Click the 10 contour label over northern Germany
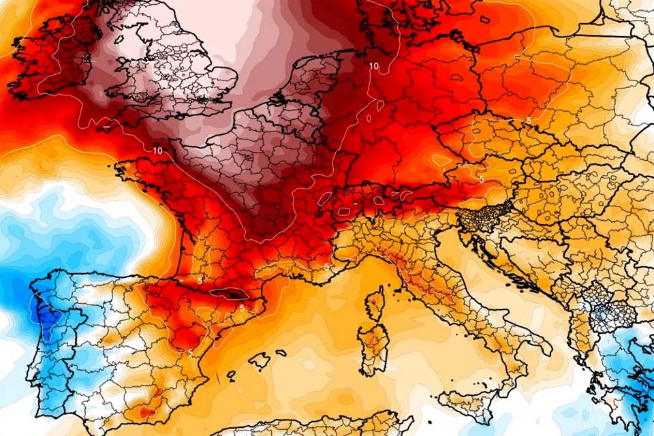point(373,66)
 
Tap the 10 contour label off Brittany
point(158,151)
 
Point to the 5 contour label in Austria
point(481,179)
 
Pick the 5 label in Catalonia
point(241,307)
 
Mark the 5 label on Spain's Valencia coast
point(189,352)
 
